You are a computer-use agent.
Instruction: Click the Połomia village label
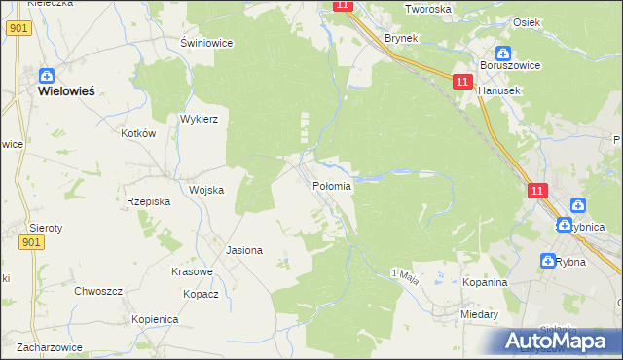tap(332, 185)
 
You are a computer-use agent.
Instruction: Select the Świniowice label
tap(205, 43)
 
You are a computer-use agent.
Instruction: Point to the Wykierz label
tap(199, 119)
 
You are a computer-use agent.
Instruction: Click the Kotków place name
tap(138, 133)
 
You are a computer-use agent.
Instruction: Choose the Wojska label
tap(206, 190)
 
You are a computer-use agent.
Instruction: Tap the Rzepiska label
tap(149, 201)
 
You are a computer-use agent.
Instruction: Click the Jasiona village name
tap(244, 250)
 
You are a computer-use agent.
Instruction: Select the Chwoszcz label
tap(98, 291)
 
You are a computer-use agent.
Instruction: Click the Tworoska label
tap(429, 9)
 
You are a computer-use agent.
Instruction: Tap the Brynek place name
tap(401, 38)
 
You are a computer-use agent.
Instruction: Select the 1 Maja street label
tap(404, 277)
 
